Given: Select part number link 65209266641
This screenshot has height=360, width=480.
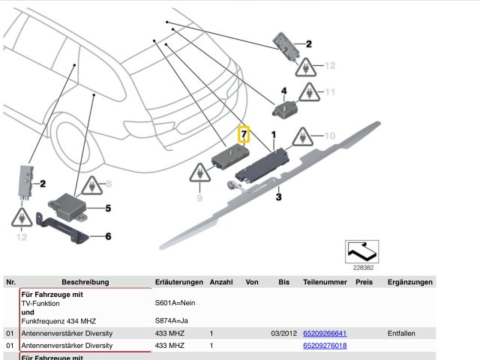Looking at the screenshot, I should coord(325,333).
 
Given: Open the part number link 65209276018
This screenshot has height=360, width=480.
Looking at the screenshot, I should coord(325,346).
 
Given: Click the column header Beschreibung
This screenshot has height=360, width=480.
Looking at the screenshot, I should coord(85,282).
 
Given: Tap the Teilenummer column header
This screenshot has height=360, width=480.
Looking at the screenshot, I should coord(325,282).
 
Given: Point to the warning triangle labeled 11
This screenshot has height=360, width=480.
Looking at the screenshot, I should coord(307,93).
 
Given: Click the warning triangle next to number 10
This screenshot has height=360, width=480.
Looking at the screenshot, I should coord(301,136).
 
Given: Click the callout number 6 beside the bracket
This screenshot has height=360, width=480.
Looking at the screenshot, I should coord(108,237).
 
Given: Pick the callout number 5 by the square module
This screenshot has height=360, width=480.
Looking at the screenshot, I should coord(108,208).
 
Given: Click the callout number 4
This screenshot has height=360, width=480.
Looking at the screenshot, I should coord(283,91).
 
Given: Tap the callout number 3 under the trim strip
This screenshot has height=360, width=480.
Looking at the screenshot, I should coord(278,198).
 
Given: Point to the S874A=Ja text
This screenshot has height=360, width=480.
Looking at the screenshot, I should coord(172,321).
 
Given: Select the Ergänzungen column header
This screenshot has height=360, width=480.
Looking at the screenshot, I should coord(409,282).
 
